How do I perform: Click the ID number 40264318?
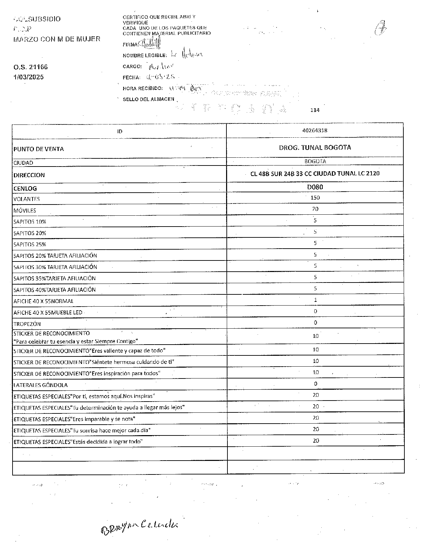pyautogui.click(x=315, y=131)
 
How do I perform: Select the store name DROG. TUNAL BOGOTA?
pyautogui.click(x=315, y=148)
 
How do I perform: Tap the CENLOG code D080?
pyautogui.click(x=315, y=187)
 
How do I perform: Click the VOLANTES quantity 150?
pyautogui.click(x=315, y=198)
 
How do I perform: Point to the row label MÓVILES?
pyautogui.click(x=25, y=211)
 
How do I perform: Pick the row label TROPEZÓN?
pyautogui.click(x=27, y=324)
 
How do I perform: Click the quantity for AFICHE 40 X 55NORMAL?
pyautogui.click(x=315, y=300)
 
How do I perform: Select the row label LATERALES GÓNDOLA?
pyautogui.click(x=40, y=385)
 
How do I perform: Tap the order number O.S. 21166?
pyautogui.click(x=31, y=67)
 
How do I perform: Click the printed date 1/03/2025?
pyautogui.click(x=28, y=77)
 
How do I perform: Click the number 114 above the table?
pyautogui.click(x=315, y=110)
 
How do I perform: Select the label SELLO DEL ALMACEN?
pyautogui.click(x=148, y=99)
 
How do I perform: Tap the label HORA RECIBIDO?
pyautogui.click(x=143, y=89)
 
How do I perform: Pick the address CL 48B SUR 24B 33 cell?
pyautogui.click(x=315, y=174)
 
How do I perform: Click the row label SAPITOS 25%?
pyautogui.click(x=30, y=245)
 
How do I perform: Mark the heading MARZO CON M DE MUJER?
pyautogui.click(x=57, y=39)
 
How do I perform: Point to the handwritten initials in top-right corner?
pyautogui.click(x=381, y=28)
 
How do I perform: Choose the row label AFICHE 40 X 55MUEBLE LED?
pyautogui.click(x=48, y=312)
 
